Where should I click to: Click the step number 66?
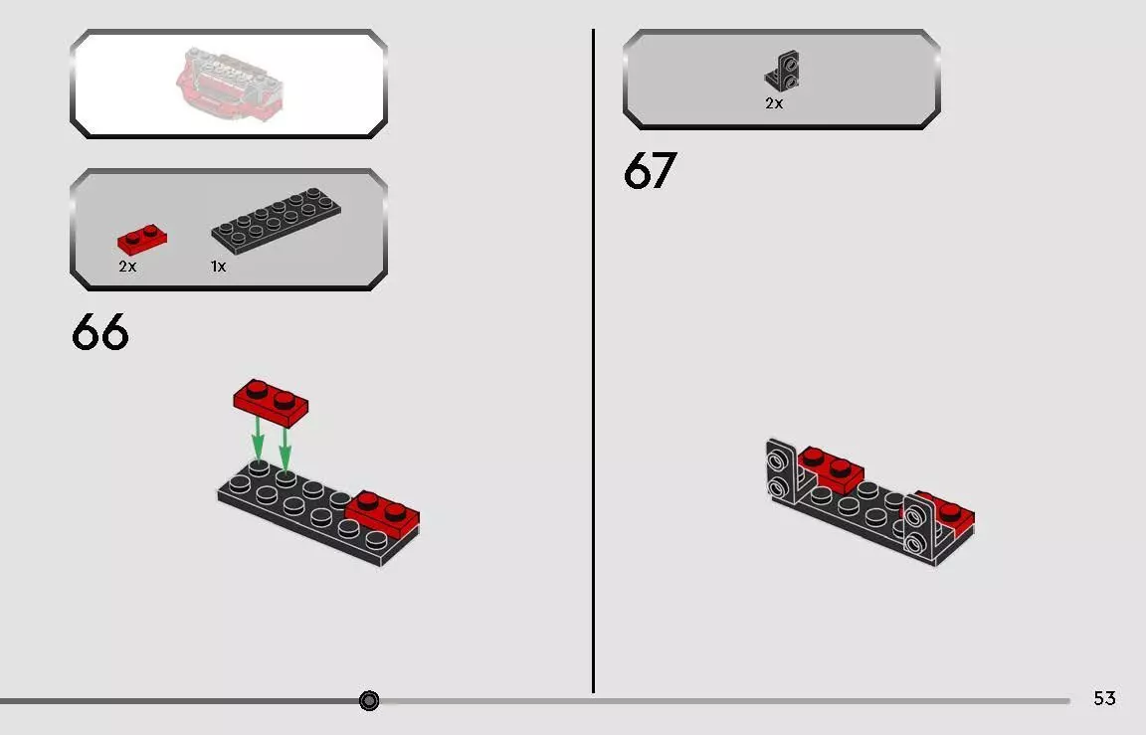(x=100, y=332)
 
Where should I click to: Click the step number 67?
(x=650, y=171)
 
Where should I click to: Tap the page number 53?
(x=1104, y=698)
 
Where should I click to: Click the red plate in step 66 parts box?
(x=142, y=240)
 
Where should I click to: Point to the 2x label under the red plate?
(x=127, y=267)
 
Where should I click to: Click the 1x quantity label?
(x=218, y=267)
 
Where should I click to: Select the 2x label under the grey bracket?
(x=774, y=103)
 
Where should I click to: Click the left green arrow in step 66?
(x=258, y=438)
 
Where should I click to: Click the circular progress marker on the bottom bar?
(x=369, y=701)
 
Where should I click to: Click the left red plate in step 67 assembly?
(x=830, y=469)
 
